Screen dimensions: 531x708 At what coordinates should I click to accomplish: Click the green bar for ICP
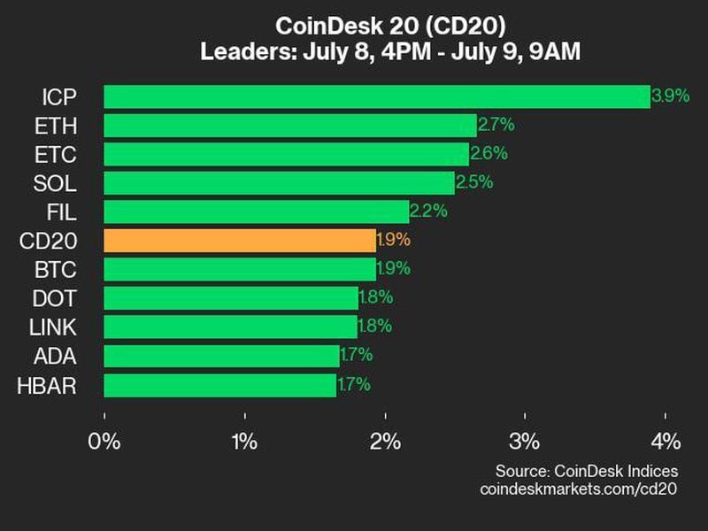click(376, 96)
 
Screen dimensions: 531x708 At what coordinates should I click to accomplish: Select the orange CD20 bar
click(240, 240)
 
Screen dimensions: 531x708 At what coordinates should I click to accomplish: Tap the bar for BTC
click(240, 269)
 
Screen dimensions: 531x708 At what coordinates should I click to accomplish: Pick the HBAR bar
click(219, 385)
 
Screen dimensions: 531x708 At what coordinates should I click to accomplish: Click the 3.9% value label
click(670, 96)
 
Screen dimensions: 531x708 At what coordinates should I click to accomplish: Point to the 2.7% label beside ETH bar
click(496, 125)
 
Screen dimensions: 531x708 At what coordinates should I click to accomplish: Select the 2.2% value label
click(428, 212)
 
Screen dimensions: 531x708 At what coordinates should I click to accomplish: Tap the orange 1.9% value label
click(395, 240)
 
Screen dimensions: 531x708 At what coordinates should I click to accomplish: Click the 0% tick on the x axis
click(104, 442)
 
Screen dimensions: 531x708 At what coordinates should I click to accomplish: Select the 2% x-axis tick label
click(386, 442)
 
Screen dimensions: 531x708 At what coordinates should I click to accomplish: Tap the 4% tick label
click(666, 442)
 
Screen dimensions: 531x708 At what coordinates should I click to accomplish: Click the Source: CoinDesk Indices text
click(586, 471)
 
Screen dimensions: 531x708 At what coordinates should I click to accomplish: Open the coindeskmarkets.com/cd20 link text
click(579, 489)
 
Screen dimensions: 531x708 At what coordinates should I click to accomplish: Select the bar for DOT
click(231, 298)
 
